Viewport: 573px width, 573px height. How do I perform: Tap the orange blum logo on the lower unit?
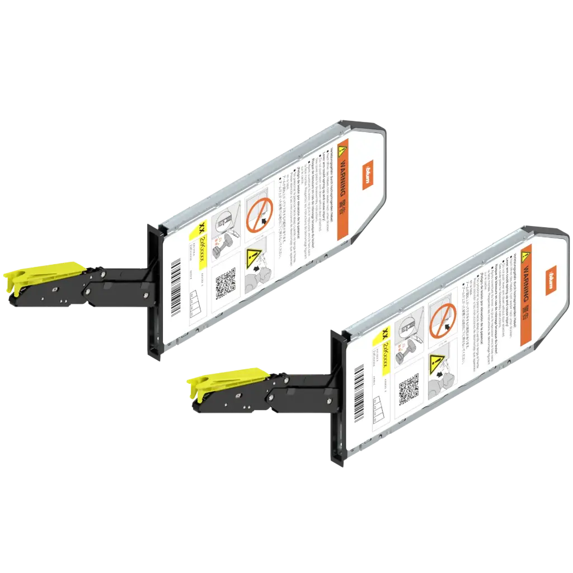pyautogui.click(x=551, y=278)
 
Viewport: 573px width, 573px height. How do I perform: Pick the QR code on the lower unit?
pyautogui.click(x=409, y=391)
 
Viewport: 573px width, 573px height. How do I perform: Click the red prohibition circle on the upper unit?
pyautogui.click(x=258, y=213)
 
